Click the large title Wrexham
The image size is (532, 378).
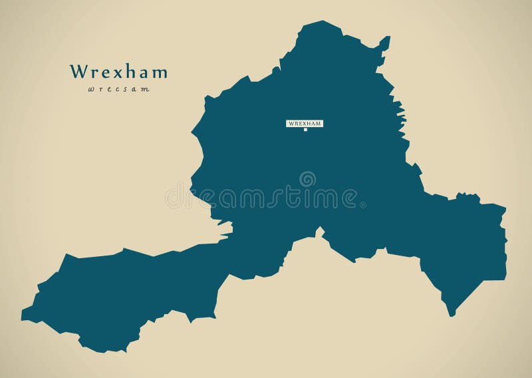pyautogui.click(x=119, y=71)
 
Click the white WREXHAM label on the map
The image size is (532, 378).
pyautogui.click(x=305, y=123)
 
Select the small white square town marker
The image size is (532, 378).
pyautogui.click(x=305, y=130)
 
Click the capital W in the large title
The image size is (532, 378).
pyautogui.click(x=78, y=71)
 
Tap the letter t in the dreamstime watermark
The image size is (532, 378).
pyautogui.click(x=291, y=198)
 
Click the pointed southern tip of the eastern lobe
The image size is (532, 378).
pyautogui.click(x=452, y=315)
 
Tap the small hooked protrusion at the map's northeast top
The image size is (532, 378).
pyautogui.click(x=385, y=42)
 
